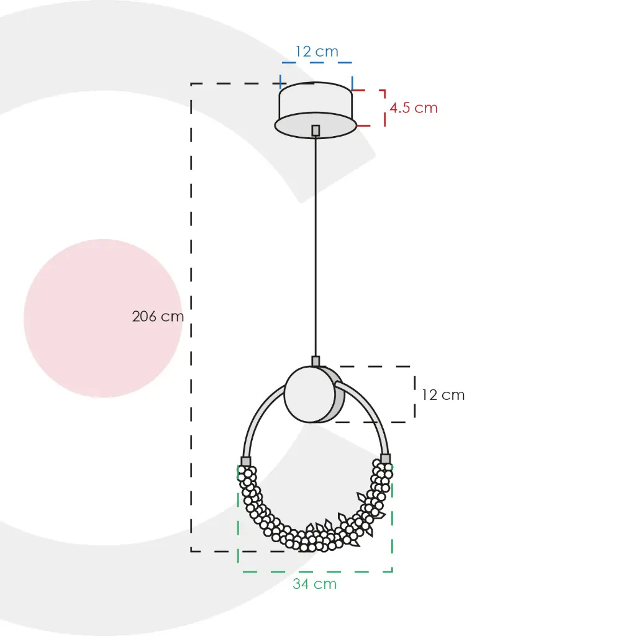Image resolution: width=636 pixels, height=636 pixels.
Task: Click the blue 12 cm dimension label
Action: pyautogui.click(x=317, y=52)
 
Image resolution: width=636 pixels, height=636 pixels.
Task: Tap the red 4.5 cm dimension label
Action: pyautogui.click(x=413, y=108)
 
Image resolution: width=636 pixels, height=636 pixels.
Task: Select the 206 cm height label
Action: pyautogui.click(x=158, y=316)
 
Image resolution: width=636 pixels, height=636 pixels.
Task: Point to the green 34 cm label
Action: pyautogui.click(x=315, y=584)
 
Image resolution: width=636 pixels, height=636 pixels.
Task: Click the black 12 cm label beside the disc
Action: pyautogui.click(x=443, y=395)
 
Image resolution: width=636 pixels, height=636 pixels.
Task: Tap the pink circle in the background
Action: pyautogui.click(x=103, y=319)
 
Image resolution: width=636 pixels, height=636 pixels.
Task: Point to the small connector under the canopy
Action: pyautogui.click(x=316, y=130)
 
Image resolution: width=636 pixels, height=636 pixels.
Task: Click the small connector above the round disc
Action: pyautogui.click(x=316, y=361)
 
